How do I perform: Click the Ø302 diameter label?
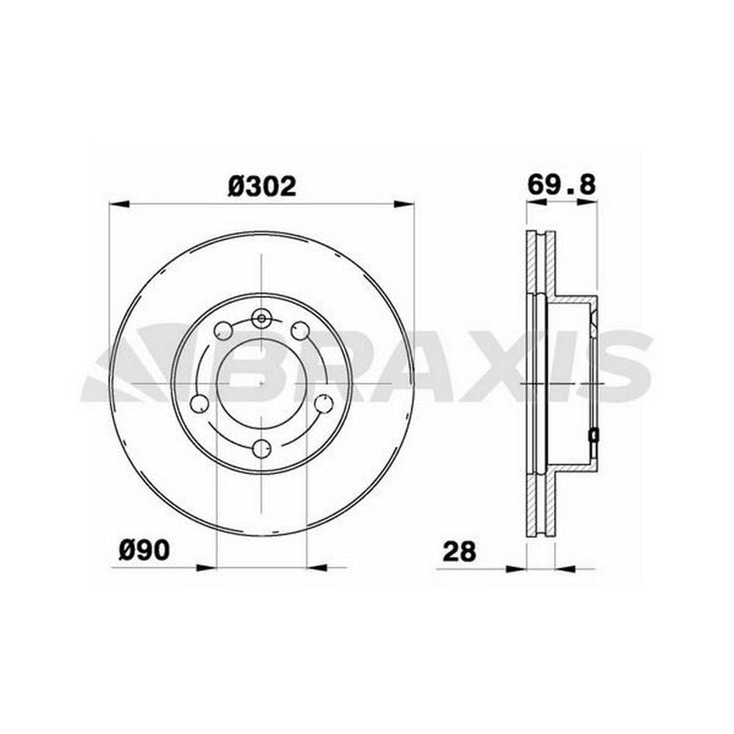point(262,186)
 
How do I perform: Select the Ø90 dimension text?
point(144,550)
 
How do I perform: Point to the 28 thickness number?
point(459,551)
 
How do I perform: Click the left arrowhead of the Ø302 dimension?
point(119,204)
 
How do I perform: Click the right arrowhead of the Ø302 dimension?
point(404,204)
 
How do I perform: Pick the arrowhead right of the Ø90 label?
point(208,568)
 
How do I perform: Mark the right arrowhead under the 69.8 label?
point(587,202)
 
